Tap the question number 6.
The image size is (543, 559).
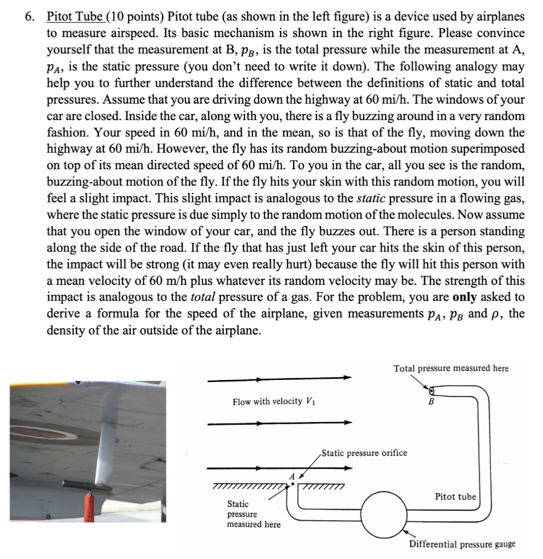[x=30, y=17]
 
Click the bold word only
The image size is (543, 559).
[x=467, y=298]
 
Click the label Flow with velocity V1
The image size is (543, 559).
[x=275, y=402]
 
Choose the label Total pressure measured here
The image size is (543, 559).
[x=451, y=368]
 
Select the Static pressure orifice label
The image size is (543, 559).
[x=363, y=453]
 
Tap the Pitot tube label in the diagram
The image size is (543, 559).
[x=455, y=497]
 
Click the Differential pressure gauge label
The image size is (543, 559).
[x=462, y=544]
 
